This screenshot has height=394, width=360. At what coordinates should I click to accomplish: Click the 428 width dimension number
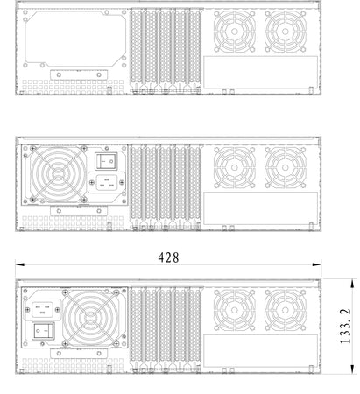168,257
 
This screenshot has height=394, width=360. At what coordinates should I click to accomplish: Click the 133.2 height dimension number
345,326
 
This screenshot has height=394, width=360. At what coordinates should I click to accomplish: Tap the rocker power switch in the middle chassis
106,161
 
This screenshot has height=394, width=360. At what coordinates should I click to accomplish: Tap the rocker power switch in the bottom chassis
43,331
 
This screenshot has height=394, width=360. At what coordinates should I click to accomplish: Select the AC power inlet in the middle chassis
107,183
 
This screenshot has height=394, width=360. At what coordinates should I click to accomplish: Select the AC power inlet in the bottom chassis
43,310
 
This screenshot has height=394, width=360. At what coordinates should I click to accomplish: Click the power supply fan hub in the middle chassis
58,174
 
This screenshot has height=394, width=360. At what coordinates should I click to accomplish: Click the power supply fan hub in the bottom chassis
91,318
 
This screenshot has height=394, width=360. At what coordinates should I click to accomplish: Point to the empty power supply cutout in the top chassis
75,39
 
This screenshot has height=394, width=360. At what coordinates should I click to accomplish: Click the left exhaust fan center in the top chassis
235,32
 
